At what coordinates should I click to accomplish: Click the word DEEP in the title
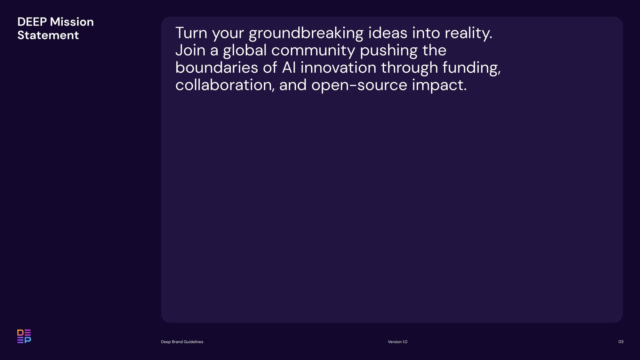tap(32, 22)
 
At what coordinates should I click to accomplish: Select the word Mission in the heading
tap(72, 22)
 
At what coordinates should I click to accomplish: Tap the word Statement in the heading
tap(48, 35)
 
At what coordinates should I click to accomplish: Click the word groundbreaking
tap(306, 34)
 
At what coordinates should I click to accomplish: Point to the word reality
tap(468, 34)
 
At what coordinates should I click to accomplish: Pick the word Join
tap(190, 50)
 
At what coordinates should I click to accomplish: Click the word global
tap(245, 51)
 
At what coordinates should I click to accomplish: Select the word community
tap(313, 51)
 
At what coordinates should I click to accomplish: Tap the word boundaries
tap(217, 68)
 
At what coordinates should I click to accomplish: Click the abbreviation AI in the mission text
tap(289, 68)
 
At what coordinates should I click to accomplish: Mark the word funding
tap(472, 68)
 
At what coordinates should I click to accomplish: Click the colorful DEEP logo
tap(24, 336)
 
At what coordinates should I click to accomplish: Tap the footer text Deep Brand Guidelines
tap(182, 342)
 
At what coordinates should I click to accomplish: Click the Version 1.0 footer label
tap(397, 342)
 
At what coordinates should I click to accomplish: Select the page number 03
tap(621, 342)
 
